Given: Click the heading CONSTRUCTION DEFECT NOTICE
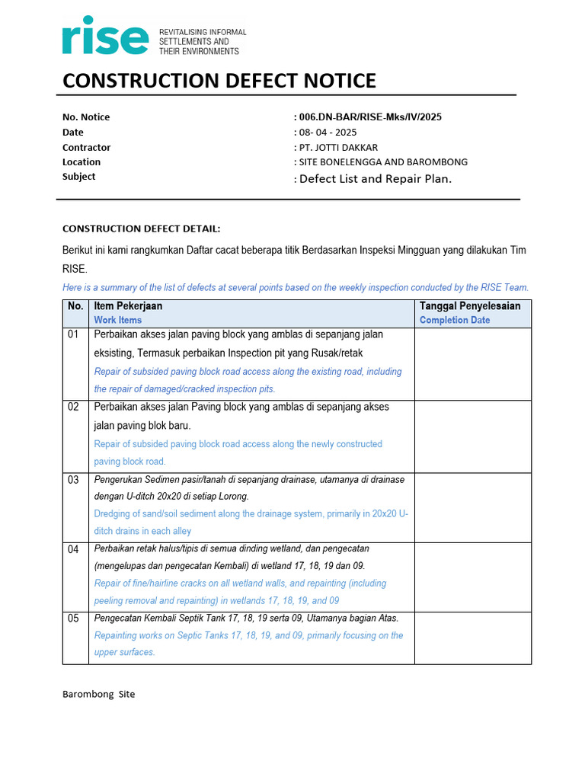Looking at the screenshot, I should click(x=219, y=81).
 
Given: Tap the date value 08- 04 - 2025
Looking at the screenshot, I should click(x=327, y=133).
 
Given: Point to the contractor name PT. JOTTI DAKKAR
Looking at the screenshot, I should click(x=337, y=148).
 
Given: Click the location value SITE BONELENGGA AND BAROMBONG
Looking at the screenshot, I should click(x=382, y=162).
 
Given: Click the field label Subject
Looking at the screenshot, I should click(x=79, y=177).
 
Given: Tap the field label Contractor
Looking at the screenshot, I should click(x=86, y=148).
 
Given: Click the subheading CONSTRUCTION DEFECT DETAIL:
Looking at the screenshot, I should click(x=141, y=229).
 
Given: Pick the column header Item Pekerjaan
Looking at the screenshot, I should click(x=128, y=306).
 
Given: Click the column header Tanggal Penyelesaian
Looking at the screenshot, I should click(x=470, y=306).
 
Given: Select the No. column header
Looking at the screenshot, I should click(x=75, y=306).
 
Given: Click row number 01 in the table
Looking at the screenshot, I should click(x=74, y=335).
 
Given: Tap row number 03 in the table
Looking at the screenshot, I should click(x=74, y=481).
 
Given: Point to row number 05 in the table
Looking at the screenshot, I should click(x=74, y=619).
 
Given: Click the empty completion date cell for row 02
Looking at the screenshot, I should click(x=472, y=434).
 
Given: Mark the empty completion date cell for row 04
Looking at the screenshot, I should click(x=472, y=576).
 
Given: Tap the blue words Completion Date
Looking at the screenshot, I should click(x=454, y=321).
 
